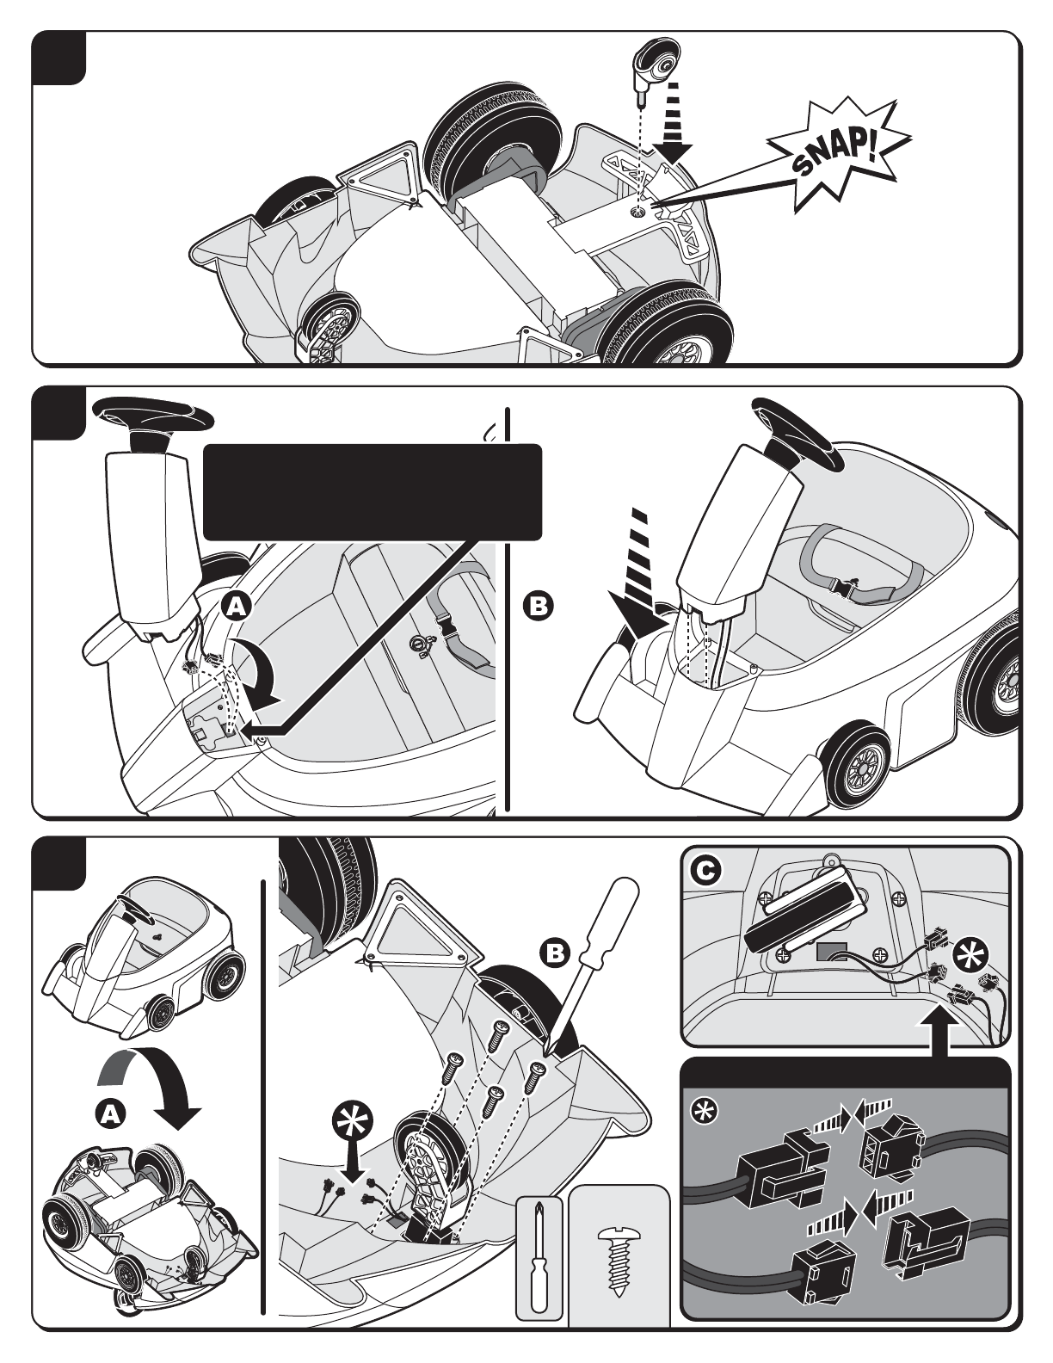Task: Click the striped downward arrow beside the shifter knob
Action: point(673,122)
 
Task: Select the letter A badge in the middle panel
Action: point(237,607)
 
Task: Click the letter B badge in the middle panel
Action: point(538,606)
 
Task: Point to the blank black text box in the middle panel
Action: point(372,491)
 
